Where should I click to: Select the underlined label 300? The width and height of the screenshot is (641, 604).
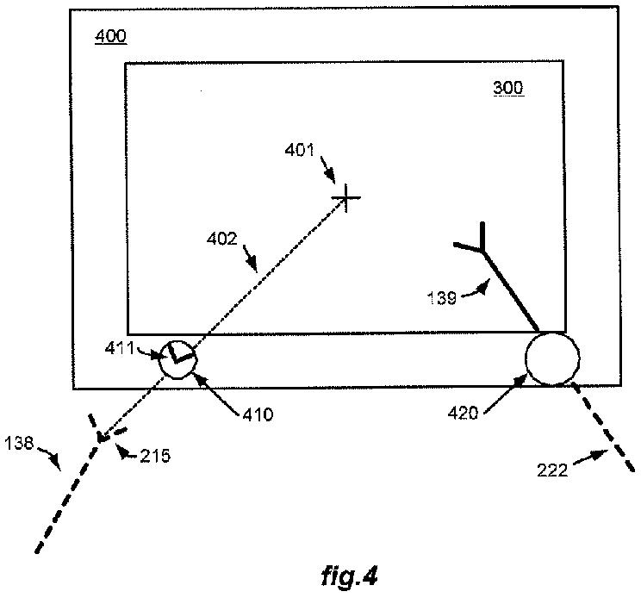507,88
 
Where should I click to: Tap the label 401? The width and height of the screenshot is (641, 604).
301,150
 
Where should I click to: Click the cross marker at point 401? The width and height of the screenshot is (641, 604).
346,199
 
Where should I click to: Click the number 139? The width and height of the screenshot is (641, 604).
443,297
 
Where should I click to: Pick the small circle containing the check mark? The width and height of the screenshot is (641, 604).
178,358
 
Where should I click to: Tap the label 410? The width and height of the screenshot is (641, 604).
257,414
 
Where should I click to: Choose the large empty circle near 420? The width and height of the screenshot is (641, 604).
552,358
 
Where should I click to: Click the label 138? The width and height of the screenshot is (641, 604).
19,443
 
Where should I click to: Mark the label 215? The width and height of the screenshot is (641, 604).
156,456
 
